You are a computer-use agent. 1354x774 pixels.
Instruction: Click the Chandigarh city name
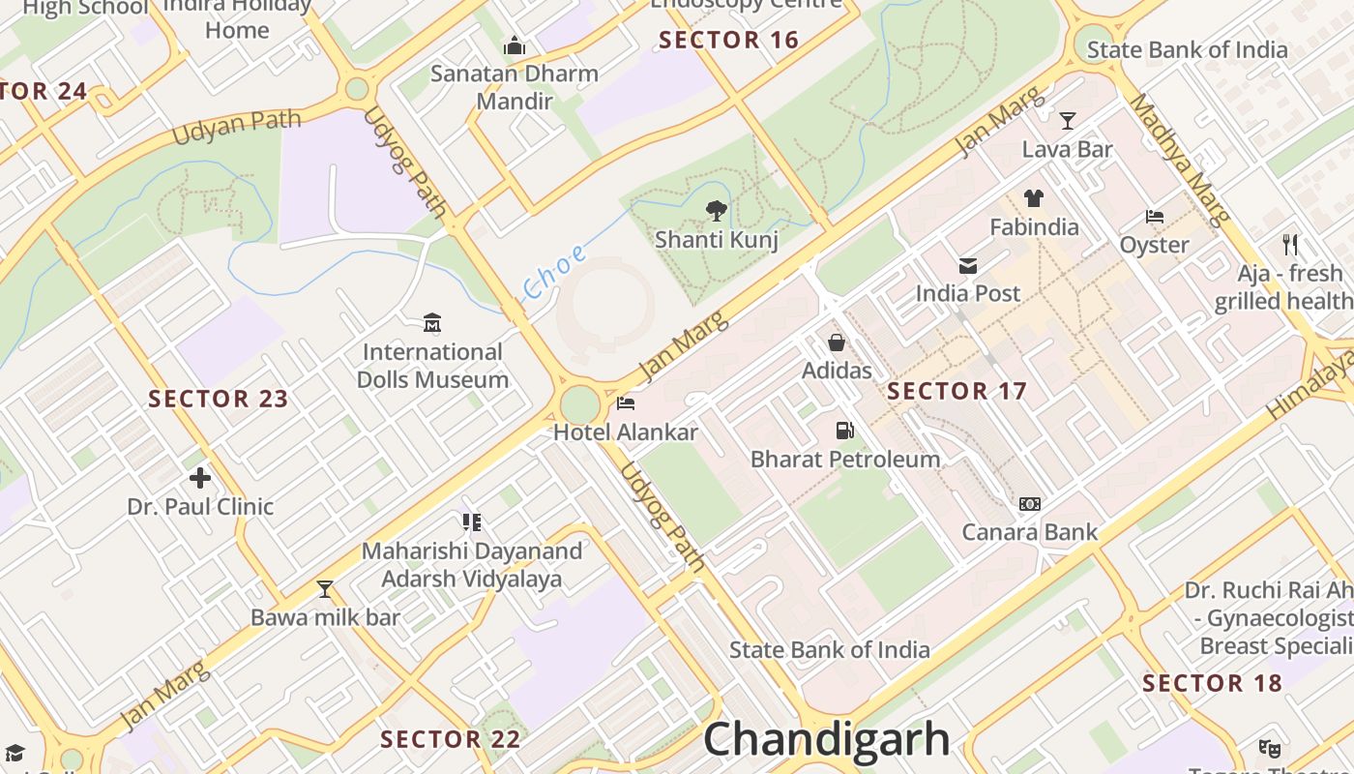pyautogui.click(x=827, y=740)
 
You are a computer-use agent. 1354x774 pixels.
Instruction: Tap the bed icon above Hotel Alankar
pyautogui.click(x=626, y=402)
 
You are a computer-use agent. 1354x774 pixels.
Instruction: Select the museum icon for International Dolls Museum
pyautogui.click(x=432, y=322)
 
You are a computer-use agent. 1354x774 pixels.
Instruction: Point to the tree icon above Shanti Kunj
pyautogui.click(x=716, y=209)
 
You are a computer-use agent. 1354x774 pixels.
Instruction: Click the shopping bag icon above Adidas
pyautogui.click(x=837, y=342)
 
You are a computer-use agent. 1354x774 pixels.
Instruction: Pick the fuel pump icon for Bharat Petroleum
pyautogui.click(x=844, y=430)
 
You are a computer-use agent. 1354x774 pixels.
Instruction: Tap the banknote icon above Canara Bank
pyautogui.click(x=1030, y=503)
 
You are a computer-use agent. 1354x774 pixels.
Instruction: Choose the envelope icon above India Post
pyautogui.click(x=967, y=265)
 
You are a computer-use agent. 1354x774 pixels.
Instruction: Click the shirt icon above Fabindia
pyautogui.click(x=1034, y=198)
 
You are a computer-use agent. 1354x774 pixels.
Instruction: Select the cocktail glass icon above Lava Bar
pyautogui.click(x=1067, y=121)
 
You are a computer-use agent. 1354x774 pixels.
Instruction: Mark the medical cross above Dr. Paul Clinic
pyautogui.click(x=200, y=477)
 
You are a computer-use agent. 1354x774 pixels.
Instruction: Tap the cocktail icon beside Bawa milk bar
pyautogui.click(x=325, y=588)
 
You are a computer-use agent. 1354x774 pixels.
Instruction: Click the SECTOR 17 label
pyautogui.click(x=957, y=391)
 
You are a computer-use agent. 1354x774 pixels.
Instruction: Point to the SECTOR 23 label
pyautogui.click(x=219, y=399)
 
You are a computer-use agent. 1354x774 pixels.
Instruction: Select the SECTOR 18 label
pyautogui.click(x=1212, y=683)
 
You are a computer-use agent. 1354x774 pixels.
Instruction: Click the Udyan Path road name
pyautogui.click(x=237, y=128)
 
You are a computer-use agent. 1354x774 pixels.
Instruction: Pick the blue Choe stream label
pyautogui.click(x=554, y=272)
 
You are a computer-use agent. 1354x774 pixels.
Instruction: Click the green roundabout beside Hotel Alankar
pyautogui.click(x=579, y=404)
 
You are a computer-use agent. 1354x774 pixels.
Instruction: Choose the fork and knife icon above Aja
pyautogui.click(x=1289, y=244)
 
